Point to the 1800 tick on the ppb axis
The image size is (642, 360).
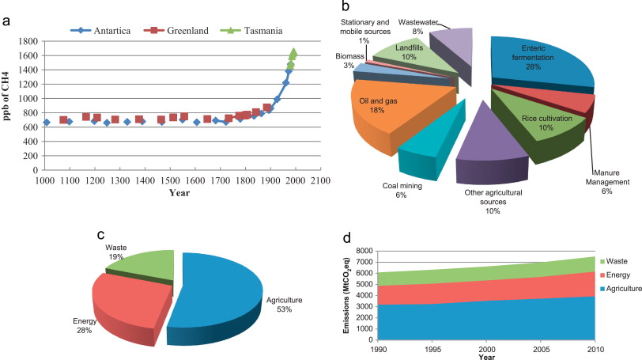27,41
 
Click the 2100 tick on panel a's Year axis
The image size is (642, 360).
320,180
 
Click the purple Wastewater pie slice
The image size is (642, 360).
451,52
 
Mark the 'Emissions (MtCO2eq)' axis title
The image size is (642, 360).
349,294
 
